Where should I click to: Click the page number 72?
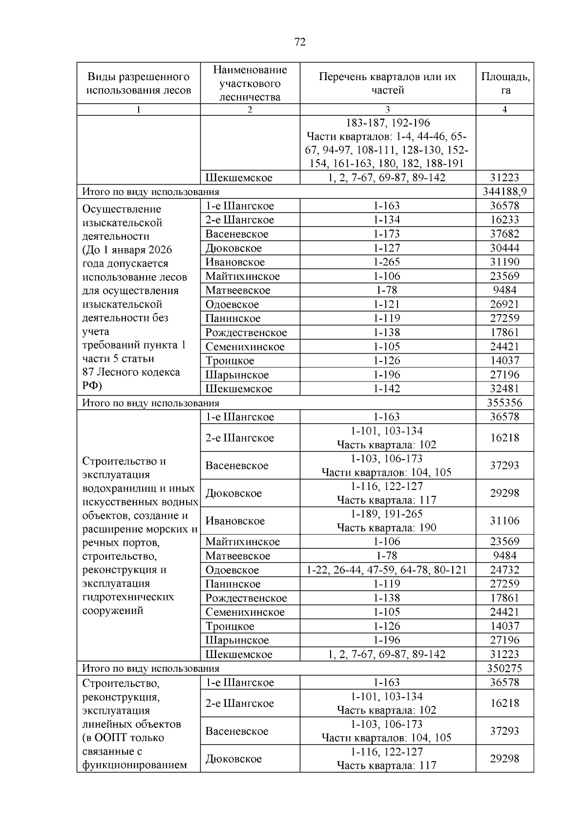tap(300, 42)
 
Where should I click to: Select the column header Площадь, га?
tap(505, 83)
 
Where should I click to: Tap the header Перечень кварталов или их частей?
tap(387, 83)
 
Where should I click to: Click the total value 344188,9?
tap(505, 191)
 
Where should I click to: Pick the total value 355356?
tap(505, 403)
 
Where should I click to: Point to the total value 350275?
tap(505, 668)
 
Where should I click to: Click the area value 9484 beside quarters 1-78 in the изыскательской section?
tap(505, 290)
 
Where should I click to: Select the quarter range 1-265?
tap(387, 262)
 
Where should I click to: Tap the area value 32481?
tap(505, 389)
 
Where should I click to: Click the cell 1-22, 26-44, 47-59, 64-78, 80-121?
tap(387, 570)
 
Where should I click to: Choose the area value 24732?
tap(505, 570)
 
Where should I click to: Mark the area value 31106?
tap(505, 521)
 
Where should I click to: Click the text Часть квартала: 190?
tap(387, 528)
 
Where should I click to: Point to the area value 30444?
tap(505, 248)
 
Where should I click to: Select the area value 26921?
tap(505, 304)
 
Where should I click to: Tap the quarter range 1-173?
tap(387, 234)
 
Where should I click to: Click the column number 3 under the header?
tap(387, 109)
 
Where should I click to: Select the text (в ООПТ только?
tap(123, 738)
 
